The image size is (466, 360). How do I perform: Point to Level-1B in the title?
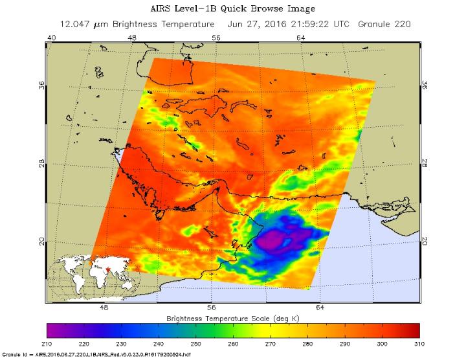coord(195,8)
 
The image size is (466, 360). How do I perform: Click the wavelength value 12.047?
coord(76,24)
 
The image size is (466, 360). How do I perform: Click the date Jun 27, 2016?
coord(255,24)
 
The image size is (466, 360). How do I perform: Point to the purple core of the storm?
coord(274,242)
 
